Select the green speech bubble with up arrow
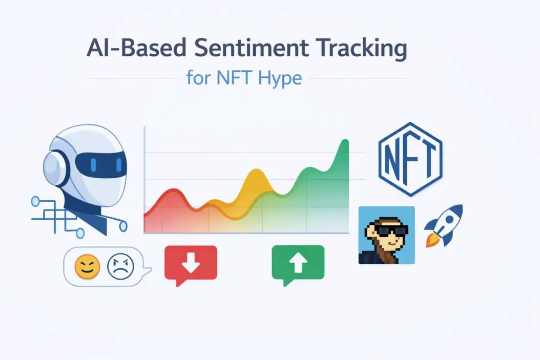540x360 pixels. click(x=298, y=263)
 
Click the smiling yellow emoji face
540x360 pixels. click(x=87, y=267)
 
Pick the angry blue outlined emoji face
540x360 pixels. click(x=120, y=267)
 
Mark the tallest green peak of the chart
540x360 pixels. click(x=344, y=143)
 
